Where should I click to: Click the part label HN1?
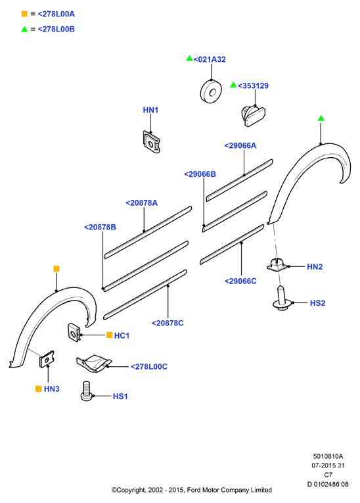[150, 110]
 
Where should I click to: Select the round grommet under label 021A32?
[211, 91]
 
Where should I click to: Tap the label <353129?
[253, 85]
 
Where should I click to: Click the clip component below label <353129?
[254, 116]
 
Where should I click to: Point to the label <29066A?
[240, 145]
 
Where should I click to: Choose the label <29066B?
[200, 174]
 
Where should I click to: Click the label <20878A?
[141, 203]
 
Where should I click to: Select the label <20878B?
[100, 227]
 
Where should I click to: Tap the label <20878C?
[168, 323]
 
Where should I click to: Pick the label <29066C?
[240, 281]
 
